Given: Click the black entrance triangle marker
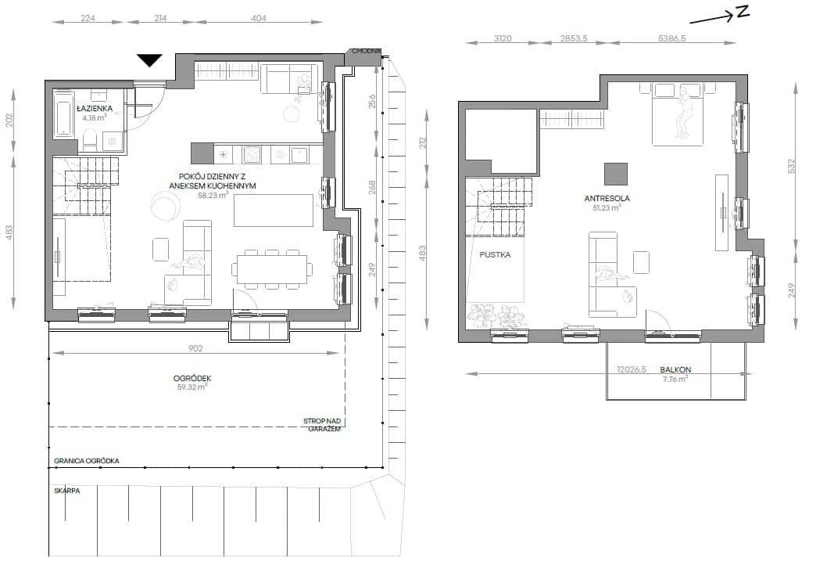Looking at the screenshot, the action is (x=149, y=59).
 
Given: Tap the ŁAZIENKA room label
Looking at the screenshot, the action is (x=95, y=108).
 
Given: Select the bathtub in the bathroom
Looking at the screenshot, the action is (x=64, y=117).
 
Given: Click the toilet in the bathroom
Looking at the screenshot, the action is (x=90, y=139).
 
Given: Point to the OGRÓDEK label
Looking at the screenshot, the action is (x=192, y=378).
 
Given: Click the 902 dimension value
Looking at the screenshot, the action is (x=195, y=348).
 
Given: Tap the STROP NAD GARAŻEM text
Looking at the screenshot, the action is (x=322, y=424).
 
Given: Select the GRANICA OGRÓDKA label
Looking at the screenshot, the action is (x=87, y=461).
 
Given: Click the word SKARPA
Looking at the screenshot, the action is (x=67, y=491).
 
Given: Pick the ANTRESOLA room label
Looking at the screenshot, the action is (x=607, y=198).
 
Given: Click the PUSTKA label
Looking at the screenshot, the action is (x=496, y=254).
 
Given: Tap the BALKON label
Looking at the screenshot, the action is (x=675, y=369).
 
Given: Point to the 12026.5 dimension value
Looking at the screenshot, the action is (x=632, y=369).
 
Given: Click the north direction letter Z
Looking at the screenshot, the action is (x=743, y=13).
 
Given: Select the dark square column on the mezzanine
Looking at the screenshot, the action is (x=616, y=175).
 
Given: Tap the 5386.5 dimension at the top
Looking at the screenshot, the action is (x=671, y=38).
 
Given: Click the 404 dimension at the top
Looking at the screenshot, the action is (x=259, y=18).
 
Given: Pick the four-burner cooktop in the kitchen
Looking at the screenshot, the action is (x=252, y=154).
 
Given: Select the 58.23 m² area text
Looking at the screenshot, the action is (x=213, y=195).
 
